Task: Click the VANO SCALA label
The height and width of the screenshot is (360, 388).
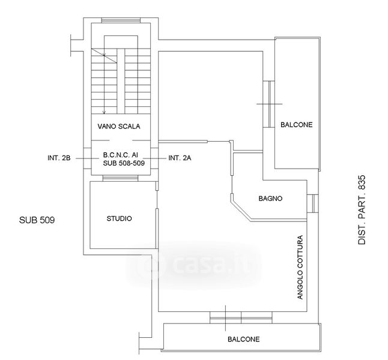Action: point(119,127)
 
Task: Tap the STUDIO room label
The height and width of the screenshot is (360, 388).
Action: point(120,218)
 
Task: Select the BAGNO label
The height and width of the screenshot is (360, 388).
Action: point(270,198)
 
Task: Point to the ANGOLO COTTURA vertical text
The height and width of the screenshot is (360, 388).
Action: point(300,267)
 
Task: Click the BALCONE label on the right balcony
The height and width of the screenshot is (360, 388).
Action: point(297,125)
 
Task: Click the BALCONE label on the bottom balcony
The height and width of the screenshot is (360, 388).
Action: point(244,339)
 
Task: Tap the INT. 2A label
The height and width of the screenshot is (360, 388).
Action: point(180,158)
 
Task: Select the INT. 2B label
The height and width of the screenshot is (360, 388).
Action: point(59,158)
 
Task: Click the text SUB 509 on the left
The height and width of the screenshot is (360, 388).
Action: point(37,220)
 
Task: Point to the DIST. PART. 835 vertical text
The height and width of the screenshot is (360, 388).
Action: point(362,210)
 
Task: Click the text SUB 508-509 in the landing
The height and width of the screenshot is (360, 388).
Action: point(124,163)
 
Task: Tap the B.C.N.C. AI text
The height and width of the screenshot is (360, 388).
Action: point(121,155)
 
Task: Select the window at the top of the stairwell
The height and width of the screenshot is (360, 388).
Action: point(121,20)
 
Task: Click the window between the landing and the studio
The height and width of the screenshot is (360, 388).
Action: point(120,178)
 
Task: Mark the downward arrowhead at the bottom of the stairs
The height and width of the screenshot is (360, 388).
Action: point(104,112)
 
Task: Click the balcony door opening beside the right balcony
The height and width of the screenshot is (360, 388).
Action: point(268,104)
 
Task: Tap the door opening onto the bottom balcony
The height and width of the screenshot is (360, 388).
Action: point(241,317)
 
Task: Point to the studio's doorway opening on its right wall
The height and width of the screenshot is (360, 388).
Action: point(157,200)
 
